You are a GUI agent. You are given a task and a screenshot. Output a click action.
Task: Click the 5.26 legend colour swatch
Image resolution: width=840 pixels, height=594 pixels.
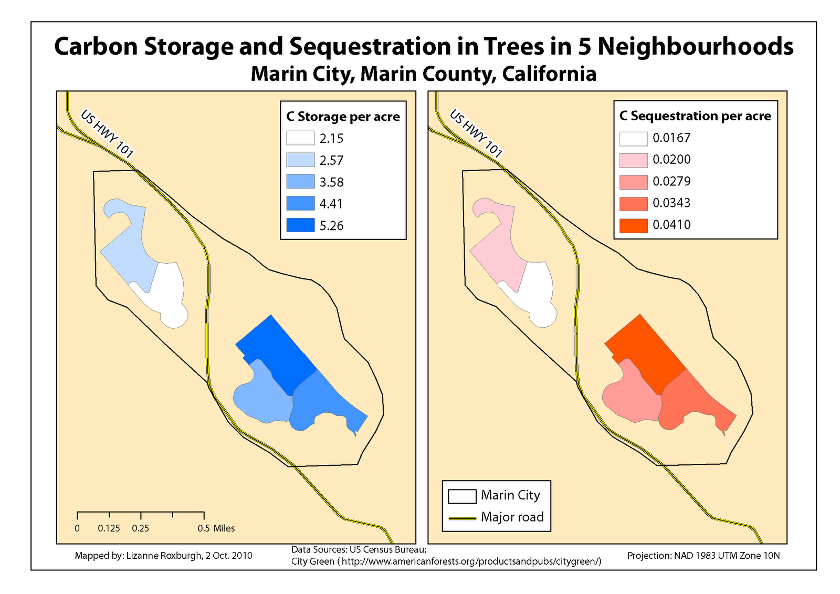(x=300, y=225)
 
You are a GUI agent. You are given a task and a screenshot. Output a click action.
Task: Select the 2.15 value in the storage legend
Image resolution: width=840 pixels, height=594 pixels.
(x=331, y=139)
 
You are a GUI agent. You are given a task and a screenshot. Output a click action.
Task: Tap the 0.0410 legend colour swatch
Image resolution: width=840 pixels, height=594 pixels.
(x=633, y=225)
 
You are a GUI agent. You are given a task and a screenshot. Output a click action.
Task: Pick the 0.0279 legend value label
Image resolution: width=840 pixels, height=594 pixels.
(x=671, y=181)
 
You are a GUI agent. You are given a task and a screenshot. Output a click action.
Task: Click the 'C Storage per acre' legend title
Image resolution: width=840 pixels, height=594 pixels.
(x=343, y=117)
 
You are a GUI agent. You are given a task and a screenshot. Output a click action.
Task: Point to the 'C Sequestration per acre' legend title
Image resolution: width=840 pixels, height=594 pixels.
(x=695, y=116)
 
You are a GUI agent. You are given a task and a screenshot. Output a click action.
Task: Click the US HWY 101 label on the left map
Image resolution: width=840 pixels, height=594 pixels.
(x=107, y=134)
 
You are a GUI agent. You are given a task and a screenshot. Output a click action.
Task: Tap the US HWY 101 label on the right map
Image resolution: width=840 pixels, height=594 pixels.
(x=476, y=134)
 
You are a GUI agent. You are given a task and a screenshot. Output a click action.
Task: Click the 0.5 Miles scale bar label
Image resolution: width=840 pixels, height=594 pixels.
(x=216, y=528)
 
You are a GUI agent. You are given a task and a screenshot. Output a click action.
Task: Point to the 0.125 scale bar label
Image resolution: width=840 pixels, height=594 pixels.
(x=109, y=528)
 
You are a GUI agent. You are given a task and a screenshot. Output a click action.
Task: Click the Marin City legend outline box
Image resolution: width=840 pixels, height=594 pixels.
(x=461, y=496)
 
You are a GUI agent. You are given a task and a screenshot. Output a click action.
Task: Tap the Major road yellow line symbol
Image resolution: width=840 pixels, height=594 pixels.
(x=461, y=518)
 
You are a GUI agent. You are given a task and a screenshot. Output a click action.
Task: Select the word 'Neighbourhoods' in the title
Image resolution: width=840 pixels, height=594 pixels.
(x=695, y=46)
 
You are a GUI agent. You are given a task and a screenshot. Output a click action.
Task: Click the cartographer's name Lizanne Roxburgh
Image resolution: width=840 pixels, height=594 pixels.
(x=163, y=556)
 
